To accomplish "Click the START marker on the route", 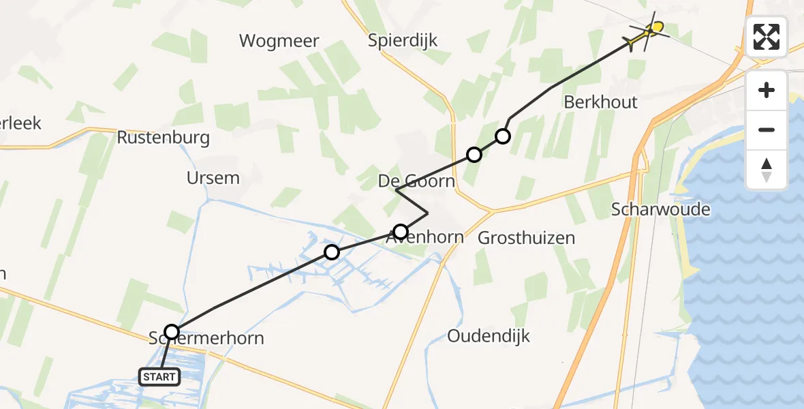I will tap(160, 376).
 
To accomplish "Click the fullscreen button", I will tap(767, 37).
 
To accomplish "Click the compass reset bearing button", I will tap(767, 170).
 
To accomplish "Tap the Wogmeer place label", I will tap(279, 41).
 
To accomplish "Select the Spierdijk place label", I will tap(403, 41).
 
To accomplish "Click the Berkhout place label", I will tap(600, 102).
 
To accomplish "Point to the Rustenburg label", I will tap(163, 138).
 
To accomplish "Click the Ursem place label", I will tap(213, 179).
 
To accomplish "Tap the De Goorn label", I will tap(416, 181).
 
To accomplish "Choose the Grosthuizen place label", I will tap(526, 238).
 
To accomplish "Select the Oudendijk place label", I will tap(488, 336).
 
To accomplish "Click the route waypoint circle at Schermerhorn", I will tap(172, 332).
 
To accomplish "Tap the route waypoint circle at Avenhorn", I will tap(401, 231).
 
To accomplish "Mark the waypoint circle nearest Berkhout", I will tap(503, 136).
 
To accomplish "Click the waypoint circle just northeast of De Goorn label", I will tap(474, 154).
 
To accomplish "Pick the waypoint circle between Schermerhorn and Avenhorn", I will tap(332, 252).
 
